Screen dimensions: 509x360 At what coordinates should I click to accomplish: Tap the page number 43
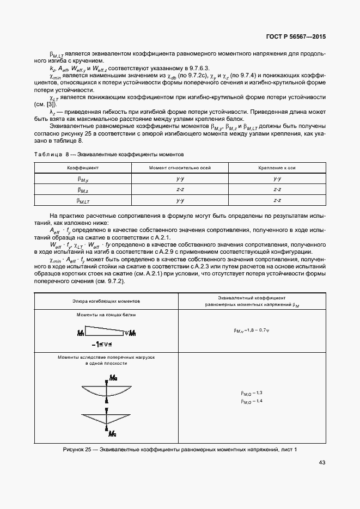(x=322, y=463)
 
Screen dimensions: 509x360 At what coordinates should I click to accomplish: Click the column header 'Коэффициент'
(x=83, y=168)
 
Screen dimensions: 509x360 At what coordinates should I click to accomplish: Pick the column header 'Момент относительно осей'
(x=180, y=168)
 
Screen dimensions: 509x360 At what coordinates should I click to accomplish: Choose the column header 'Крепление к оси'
(x=277, y=168)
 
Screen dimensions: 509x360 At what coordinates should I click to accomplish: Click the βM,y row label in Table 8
(x=83, y=179)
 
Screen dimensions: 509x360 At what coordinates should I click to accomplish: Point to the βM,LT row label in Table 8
(x=83, y=200)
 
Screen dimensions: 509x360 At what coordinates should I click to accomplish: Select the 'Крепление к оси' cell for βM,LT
(x=277, y=200)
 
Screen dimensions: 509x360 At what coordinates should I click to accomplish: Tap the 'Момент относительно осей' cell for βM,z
(x=180, y=189)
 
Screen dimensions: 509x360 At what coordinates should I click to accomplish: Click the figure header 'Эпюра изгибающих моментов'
(x=106, y=301)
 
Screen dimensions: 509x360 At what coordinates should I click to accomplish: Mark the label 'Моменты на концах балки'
(x=106, y=315)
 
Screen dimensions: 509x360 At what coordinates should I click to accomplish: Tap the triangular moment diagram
(x=106, y=418)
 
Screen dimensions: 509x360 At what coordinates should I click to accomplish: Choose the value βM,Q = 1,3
(x=252, y=393)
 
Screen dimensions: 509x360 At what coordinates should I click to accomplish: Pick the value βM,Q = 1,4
(x=252, y=401)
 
